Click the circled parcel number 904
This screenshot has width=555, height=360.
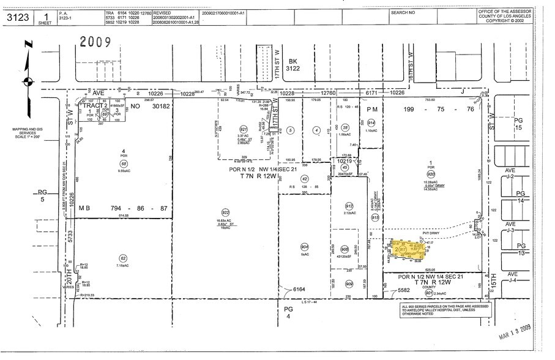click(304, 247)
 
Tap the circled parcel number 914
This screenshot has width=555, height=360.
click(371, 123)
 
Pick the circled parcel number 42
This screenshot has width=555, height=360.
click(304, 178)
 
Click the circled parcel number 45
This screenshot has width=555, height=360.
click(345, 168)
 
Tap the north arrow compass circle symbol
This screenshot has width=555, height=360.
click(28, 80)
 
